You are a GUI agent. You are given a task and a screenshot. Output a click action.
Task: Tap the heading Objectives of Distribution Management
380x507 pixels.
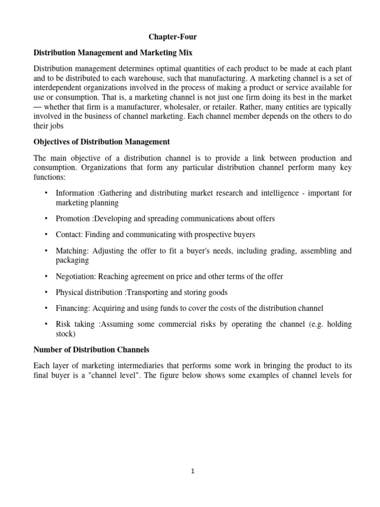101,142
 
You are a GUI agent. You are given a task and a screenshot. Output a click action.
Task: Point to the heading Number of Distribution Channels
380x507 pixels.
91,350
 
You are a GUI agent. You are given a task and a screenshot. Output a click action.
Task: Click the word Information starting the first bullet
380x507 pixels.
74,193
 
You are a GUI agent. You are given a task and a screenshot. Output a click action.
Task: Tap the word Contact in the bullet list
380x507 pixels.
68,234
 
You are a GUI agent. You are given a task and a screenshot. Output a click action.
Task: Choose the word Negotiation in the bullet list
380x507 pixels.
74,276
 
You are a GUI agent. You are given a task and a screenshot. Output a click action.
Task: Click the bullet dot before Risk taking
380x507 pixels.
46,324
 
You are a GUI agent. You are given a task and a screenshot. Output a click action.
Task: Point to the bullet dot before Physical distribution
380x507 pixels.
46,292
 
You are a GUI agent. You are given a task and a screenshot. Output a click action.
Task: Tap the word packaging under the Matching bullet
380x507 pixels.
72,260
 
